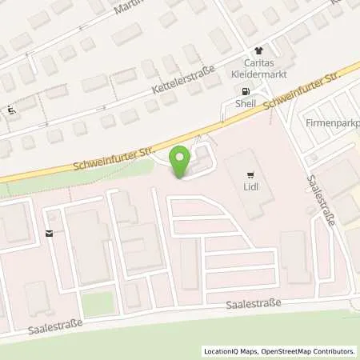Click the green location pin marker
point(181,159)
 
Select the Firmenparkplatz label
point(332,123)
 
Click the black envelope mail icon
point(50,234)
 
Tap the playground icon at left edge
point(10,111)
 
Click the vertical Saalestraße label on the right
point(319,201)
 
